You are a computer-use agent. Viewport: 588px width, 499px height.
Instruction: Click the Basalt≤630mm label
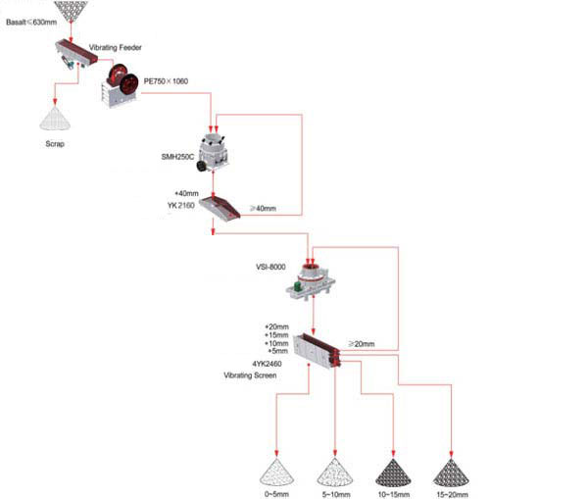pyautogui.click(x=31, y=22)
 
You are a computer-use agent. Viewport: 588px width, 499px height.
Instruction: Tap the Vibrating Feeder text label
pyautogui.click(x=118, y=47)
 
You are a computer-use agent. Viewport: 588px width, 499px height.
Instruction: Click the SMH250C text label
pyautogui.click(x=179, y=157)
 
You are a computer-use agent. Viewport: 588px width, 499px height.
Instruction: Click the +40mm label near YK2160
pyautogui.click(x=185, y=194)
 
